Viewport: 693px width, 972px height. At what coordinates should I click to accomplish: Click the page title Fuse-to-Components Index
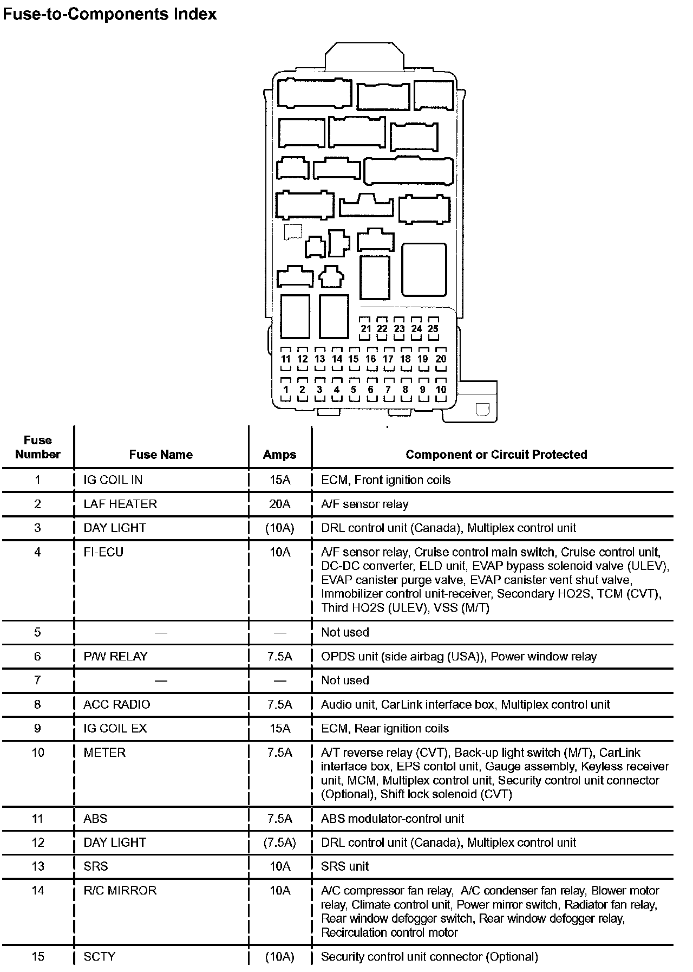[109, 14]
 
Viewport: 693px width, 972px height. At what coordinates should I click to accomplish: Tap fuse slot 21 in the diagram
[365, 328]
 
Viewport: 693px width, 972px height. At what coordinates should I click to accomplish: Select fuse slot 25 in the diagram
[433, 328]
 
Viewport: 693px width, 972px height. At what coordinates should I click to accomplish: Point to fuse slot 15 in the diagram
[354, 359]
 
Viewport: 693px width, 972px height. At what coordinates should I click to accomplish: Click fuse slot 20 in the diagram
[441, 359]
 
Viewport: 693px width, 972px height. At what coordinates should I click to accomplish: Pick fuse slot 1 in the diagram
[286, 389]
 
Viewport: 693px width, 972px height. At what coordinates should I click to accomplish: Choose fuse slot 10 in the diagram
[441, 389]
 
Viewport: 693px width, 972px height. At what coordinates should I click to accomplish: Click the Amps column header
[279, 455]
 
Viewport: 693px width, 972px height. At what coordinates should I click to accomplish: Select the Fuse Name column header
[161, 455]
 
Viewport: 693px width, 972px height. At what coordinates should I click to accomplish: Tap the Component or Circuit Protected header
[496, 455]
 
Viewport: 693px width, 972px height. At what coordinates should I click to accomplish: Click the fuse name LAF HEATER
[120, 504]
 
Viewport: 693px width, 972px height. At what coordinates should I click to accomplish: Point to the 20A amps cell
[279, 504]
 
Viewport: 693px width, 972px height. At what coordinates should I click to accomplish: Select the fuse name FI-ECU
[103, 552]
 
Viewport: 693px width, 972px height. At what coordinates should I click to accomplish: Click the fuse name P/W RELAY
[115, 656]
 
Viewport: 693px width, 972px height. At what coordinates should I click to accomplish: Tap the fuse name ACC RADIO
[117, 704]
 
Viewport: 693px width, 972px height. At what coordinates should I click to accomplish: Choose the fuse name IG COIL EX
[115, 728]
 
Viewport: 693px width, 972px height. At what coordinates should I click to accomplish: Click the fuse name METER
[104, 753]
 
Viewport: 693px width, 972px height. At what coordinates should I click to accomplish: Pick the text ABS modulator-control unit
[393, 819]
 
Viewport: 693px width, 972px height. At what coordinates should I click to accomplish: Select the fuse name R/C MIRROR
[120, 890]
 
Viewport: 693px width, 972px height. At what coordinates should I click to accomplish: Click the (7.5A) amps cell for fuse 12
[279, 843]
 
